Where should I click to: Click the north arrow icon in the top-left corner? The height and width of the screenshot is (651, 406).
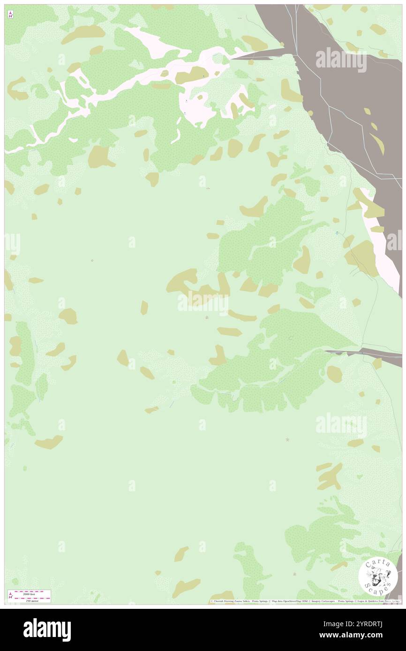point(10,15)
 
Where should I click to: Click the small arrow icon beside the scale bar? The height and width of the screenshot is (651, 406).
point(10,596)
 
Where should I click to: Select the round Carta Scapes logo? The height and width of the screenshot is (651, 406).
point(378,576)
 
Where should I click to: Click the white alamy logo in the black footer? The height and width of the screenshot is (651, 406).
point(47,629)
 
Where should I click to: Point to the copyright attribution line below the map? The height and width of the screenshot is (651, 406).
point(305,601)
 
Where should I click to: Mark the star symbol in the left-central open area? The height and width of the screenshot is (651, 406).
point(92,260)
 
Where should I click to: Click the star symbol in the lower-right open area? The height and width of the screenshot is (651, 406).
point(287,439)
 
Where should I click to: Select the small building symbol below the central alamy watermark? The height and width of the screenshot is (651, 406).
point(207,318)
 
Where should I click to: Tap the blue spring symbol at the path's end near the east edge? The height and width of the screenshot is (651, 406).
point(337,233)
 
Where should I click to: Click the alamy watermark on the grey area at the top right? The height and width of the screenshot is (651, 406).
point(341,59)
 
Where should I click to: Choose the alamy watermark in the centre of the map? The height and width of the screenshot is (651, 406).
point(203,302)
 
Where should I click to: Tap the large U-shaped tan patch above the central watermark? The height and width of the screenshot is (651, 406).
point(195,283)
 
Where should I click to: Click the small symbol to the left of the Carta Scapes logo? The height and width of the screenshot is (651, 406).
point(294,574)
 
